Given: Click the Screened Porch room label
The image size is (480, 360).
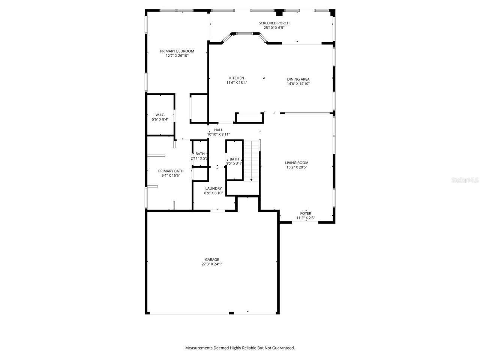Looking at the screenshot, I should coord(274,23).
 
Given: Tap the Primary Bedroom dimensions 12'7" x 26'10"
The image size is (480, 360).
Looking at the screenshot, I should coord(177,55).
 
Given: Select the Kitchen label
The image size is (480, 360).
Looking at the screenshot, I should coord(237,78).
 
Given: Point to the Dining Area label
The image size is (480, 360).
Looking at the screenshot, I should coord(298,79).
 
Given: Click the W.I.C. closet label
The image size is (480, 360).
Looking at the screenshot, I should coord(160,115).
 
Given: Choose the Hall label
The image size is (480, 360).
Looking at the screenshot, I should coord(218,130).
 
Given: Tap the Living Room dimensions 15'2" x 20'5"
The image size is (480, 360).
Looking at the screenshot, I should coord(297,167).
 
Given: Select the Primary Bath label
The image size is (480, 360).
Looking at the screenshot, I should coord(171,171).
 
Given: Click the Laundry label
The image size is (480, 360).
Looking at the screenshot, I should coord(213,188).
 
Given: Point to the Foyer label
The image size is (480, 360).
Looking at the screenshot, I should coord(305,213).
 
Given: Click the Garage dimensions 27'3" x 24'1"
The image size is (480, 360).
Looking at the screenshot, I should coord(212,264).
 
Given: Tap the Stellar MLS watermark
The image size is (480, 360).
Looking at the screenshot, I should coord(465,180).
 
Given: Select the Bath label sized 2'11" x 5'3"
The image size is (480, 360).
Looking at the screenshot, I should coord(200,154).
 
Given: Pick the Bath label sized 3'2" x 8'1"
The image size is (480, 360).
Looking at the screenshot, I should coord(234,159).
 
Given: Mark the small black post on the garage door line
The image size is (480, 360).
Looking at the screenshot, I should coord(231,313).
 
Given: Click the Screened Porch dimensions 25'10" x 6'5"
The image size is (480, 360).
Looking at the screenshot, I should coord(274,27).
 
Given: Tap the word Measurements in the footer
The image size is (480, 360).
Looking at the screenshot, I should coord(199,348).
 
